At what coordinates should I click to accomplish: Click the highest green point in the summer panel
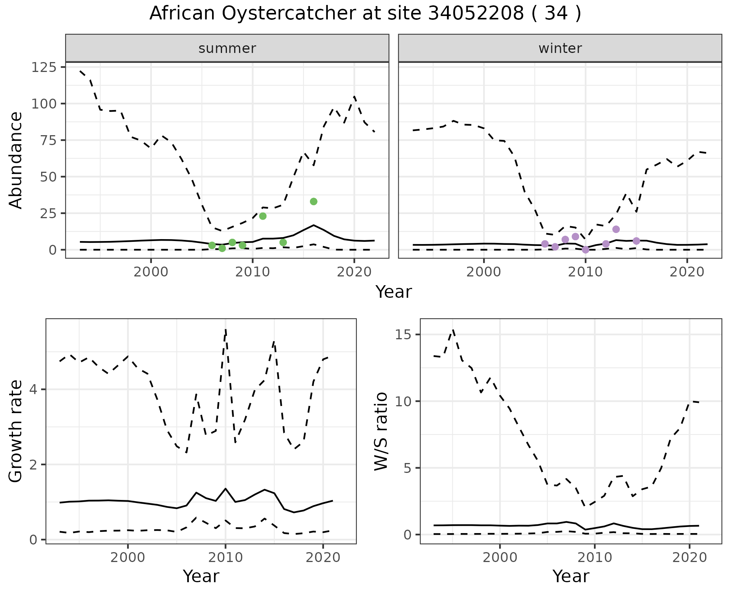[313, 201]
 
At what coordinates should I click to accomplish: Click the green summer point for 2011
[263, 216]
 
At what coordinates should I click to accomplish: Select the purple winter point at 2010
[586, 250]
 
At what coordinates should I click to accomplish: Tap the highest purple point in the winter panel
[616, 229]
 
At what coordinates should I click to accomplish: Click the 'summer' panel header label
[227, 48]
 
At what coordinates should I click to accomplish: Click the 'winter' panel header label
[560, 48]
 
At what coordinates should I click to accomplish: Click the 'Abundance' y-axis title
[16, 160]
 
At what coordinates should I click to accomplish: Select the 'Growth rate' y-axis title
[16, 431]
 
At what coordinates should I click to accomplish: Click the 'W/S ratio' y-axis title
[381, 431]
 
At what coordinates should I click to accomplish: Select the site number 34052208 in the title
[476, 14]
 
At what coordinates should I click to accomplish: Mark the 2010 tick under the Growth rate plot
[225, 558]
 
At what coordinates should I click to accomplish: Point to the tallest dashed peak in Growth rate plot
[226, 329]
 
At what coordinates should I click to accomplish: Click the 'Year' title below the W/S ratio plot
[571, 576]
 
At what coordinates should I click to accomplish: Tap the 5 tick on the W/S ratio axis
[408, 468]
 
